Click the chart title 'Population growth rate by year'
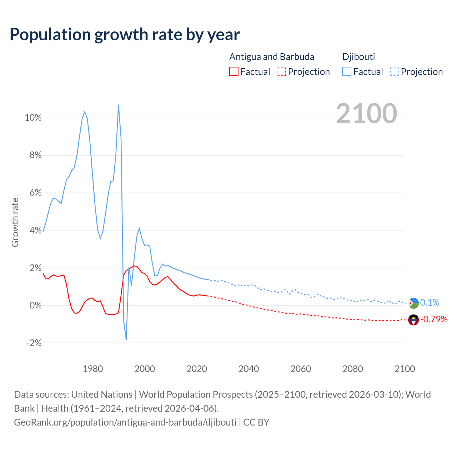125,34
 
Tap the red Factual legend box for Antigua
233,71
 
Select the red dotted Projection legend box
281,71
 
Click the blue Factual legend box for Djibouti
346,71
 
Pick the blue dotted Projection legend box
395,71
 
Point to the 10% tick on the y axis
33,118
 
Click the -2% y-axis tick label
34,343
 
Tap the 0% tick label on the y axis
35,306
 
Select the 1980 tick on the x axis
93,369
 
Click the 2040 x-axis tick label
249,369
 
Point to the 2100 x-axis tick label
405,369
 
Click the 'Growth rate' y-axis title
15,222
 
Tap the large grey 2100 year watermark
366,114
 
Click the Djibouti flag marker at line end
413,303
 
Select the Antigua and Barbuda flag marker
413,320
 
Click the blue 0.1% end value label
430,303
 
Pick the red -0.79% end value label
434,319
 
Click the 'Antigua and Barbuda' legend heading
272,57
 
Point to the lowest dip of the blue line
126,340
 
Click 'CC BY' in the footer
256,422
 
